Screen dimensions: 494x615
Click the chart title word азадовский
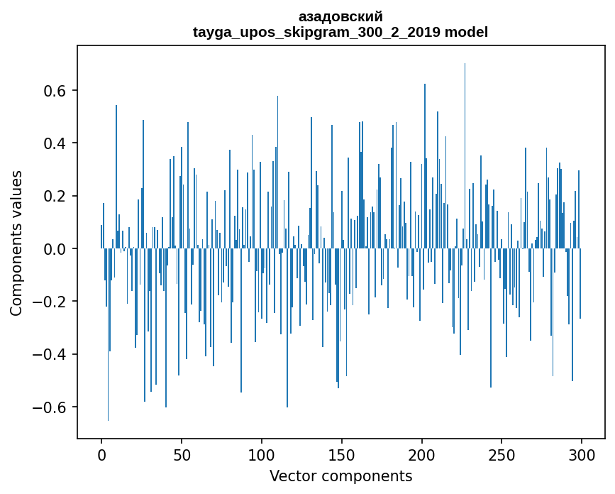(340, 16)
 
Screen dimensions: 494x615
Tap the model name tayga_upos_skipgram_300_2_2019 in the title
(316, 32)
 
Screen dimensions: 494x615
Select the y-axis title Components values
(16, 243)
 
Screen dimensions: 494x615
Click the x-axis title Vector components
(340, 476)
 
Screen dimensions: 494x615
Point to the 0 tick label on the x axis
(101, 454)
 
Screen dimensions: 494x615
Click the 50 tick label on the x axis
(182, 454)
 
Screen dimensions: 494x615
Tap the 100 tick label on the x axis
(262, 454)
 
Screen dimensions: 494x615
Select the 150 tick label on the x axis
(342, 454)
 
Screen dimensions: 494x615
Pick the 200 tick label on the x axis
(422, 454)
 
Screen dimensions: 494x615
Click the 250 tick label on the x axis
(502, 454)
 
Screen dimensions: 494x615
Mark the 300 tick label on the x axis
(582, 454)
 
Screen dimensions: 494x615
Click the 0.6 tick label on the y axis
(56, 91)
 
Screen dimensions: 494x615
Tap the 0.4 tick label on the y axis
(56, 143)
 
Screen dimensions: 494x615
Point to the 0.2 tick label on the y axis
(56, 196)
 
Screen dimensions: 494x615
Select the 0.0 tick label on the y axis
(56, 249)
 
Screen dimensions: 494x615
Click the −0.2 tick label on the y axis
(51, 302)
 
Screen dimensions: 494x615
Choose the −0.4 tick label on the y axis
(51, 354)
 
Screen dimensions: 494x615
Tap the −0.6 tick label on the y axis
(51, 407)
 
